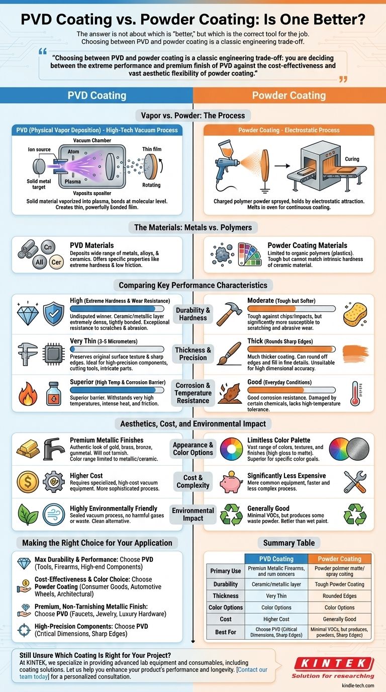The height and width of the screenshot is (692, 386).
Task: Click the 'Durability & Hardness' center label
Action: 193,314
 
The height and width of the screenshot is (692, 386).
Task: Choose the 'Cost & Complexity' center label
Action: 193,481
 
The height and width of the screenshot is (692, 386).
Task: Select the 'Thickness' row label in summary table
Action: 225,595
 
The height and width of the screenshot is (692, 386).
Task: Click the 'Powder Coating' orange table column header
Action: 339,559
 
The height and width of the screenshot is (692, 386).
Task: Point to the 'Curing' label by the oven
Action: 352,159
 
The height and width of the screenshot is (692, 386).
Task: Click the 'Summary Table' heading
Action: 288,543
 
